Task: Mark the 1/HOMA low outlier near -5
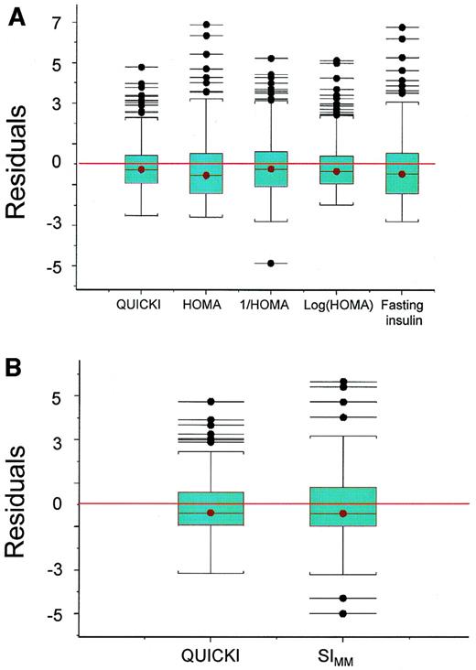270,264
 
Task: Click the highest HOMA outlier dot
207,25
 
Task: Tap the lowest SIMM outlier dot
343,613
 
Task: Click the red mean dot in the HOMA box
207,175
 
